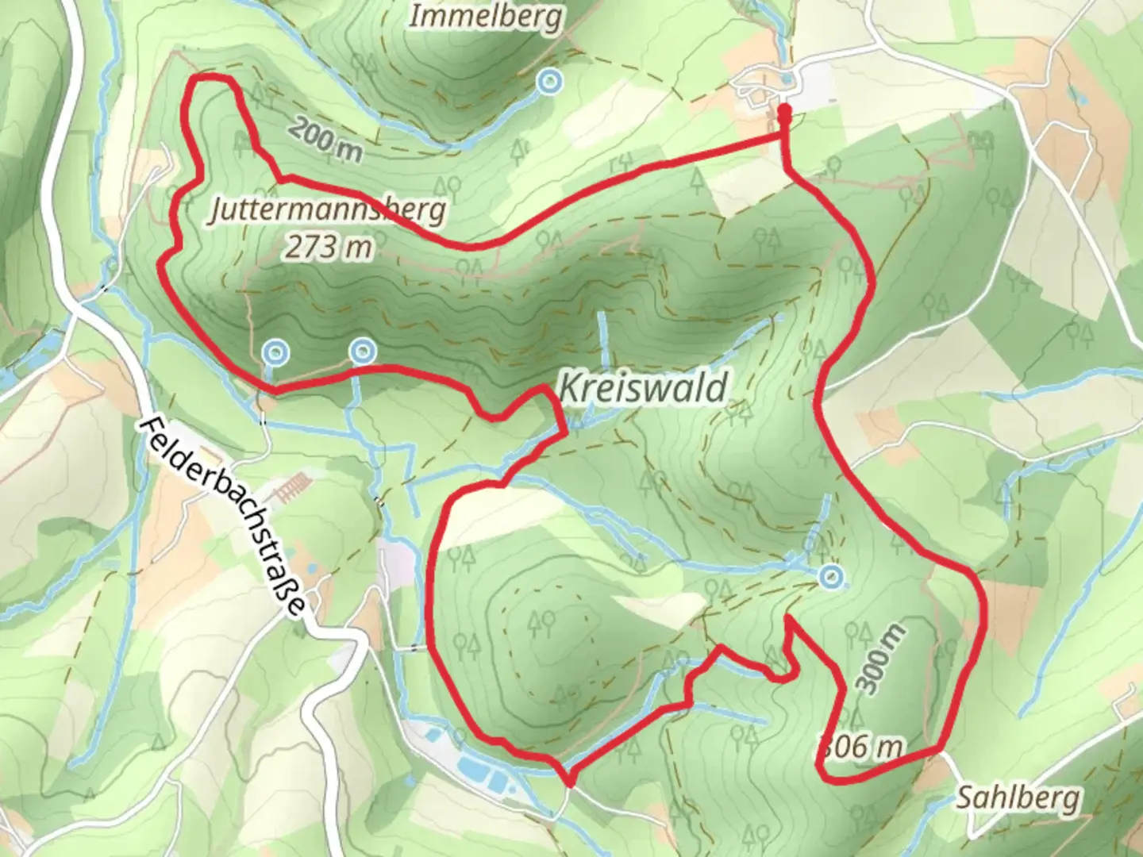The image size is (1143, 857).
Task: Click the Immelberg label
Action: click(x=486, y=16)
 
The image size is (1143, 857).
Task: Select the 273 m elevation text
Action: click(x=329, y=248)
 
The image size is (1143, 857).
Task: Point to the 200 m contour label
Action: click(x=325, y=138)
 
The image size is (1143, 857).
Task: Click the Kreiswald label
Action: click(x=643, y=389)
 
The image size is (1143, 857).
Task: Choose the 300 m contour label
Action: click(x=881, y=659)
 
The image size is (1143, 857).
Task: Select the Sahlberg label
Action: click(x=1018, y=797)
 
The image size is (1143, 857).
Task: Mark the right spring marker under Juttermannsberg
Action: click(x=362, y=349)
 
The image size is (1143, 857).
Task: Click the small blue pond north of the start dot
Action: click(x=785, y=79)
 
